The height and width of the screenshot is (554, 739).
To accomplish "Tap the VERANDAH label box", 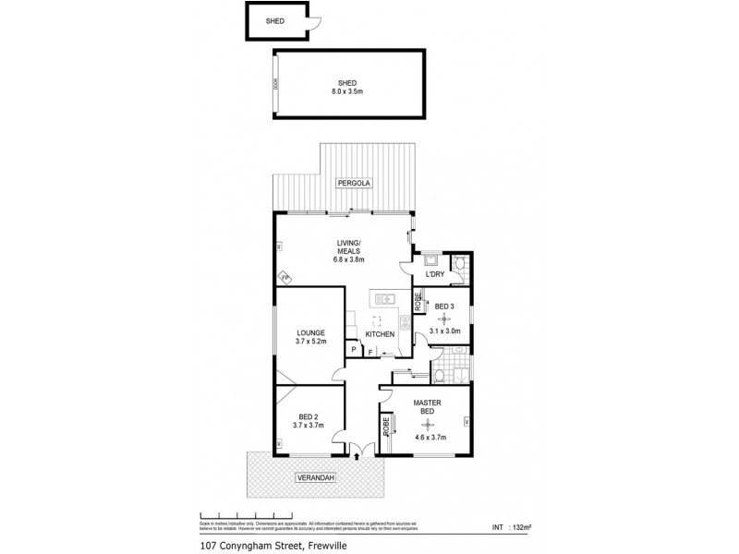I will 315,477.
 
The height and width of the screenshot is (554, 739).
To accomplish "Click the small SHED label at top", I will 276,20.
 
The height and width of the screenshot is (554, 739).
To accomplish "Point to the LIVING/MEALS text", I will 348,247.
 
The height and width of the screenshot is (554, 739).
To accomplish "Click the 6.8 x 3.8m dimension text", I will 348,259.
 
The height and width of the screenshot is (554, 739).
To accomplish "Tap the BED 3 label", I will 443,306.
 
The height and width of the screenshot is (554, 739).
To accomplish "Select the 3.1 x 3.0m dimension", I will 444,331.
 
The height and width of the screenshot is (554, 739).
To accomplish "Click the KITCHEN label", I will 380,333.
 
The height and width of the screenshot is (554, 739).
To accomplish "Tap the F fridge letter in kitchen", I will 370,352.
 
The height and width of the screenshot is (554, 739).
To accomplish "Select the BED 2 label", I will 308,415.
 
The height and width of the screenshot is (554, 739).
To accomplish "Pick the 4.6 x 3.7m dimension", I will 431,437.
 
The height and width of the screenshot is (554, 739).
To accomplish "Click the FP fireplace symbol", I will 285,276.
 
